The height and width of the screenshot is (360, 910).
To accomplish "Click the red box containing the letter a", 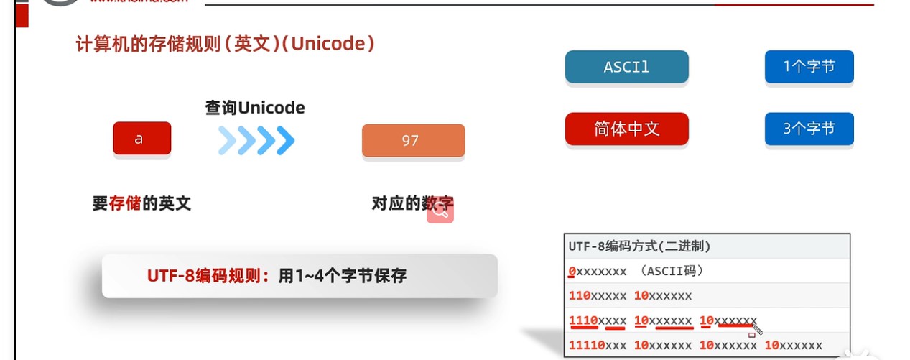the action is point(141,139).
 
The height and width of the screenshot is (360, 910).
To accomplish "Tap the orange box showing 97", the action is point(413,141).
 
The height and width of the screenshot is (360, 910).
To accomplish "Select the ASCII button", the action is point(626,68).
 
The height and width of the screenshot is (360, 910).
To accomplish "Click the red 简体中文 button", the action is point(626,129).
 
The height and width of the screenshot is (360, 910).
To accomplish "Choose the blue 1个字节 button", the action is point(809,68).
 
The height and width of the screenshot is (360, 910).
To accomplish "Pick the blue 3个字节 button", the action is point(809,129).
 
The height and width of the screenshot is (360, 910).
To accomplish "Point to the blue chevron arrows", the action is point(256,141).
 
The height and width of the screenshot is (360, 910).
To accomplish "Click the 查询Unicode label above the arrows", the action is point(255,108).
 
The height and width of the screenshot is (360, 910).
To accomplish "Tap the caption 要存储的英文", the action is point(141,203).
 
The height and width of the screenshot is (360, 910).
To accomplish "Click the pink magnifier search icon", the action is point(440,211).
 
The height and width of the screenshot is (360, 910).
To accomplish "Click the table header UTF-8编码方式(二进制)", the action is point(639,246).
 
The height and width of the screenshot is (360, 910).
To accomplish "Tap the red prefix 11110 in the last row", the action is point(586,346).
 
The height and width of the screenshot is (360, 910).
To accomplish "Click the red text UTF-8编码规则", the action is point(209,276).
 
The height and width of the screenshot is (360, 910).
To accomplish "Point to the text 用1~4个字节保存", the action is point(342,276).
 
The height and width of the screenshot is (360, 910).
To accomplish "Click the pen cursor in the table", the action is point(756,328).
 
